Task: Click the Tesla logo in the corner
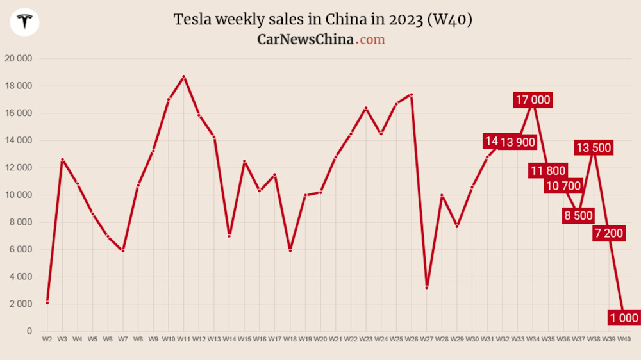(25, 22)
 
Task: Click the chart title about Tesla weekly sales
(323, 20)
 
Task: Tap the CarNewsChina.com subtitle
(321, 40)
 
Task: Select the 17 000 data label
(533, 100)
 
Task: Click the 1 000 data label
(624, 318)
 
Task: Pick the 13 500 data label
(594, 148)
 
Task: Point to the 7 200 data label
(608, 233)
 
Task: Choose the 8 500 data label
(578, 215)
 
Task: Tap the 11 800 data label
(547, 170)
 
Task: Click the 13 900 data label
(517, 142)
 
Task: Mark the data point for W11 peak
(184, 77)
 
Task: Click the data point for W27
(426, 288)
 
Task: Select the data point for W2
(47, 302)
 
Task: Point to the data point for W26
(411, 95)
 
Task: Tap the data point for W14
(229, 236)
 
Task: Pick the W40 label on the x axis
(624, 338)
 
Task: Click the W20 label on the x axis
(320, 338)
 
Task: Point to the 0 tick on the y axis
(29, 331)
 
